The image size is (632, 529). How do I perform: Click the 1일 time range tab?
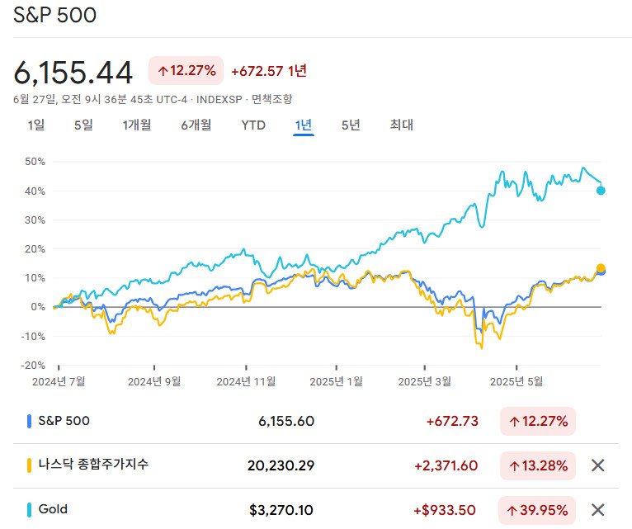(x=36, y=125)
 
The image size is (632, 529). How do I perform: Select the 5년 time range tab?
(x=351, y=125)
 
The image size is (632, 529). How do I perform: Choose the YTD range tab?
(x=253, y=125)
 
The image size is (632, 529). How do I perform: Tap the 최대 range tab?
(x=402, y=125)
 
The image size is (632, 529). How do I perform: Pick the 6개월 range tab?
(x=196, y=125)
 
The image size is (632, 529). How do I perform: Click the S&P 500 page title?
(x=54, y=16)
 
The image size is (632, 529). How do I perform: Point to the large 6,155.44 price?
(x=73, y=73)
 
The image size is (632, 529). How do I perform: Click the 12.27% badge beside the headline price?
(x=186, y=71)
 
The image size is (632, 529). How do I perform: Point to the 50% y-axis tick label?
(x=35, y=162)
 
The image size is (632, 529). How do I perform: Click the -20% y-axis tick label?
(x=33, y=365)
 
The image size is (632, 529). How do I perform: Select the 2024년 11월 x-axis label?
(x=246, y=381)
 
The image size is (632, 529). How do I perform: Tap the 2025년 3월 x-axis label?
(x=425, y=381)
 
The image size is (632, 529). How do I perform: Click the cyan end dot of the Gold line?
(x=601, y=191)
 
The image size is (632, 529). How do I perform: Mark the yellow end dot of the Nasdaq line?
(x=601, y=268)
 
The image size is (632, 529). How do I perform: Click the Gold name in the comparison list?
(x=53, y=509)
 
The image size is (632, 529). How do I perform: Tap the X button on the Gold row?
(x=598, y=509)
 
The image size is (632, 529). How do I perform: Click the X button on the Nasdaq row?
(x=598, y=465)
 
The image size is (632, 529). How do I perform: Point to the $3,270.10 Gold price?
(x=281, y=510)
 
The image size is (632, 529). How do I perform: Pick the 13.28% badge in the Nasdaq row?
(x=538, y=465)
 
